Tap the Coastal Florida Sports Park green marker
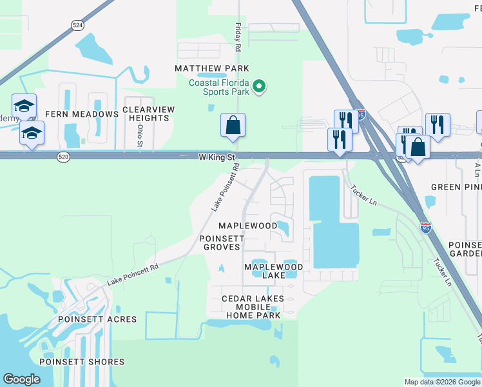(x=259, y=86)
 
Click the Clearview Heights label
(x=148, y=114)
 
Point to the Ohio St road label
(x=139, y=135)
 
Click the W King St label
(x=218, y=157)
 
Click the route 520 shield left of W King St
(x=63, y=157)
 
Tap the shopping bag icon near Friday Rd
(x=233, y=126)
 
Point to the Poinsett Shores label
(x=82, y=362)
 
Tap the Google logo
(x=21, y=379)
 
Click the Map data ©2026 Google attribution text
(x=442, y=382)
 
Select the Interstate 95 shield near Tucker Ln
(x=425, y=228)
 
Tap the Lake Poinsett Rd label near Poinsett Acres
(x=133, y=275)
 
